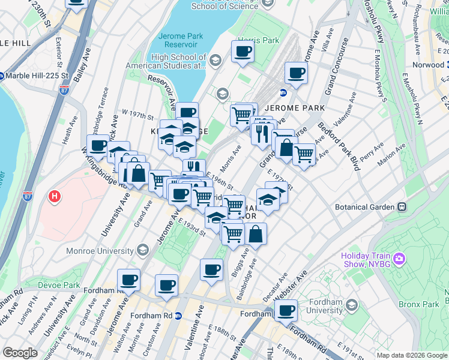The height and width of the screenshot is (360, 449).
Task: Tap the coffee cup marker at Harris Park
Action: (243, 52)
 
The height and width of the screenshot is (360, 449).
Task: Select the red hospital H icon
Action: (55, 196)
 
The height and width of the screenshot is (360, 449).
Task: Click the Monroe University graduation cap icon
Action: (142, 249)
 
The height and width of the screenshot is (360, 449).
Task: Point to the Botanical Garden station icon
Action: (402, 207)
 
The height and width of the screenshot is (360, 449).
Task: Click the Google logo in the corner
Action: (20, 353)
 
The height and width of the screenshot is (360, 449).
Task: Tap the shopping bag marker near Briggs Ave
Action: (255, 234)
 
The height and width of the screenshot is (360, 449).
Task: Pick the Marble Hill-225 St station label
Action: (37, 76)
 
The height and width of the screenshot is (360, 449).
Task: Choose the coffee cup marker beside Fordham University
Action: (287, 310)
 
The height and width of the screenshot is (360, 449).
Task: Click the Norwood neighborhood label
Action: (427, 65)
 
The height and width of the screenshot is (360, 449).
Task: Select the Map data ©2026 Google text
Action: (411, 355)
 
